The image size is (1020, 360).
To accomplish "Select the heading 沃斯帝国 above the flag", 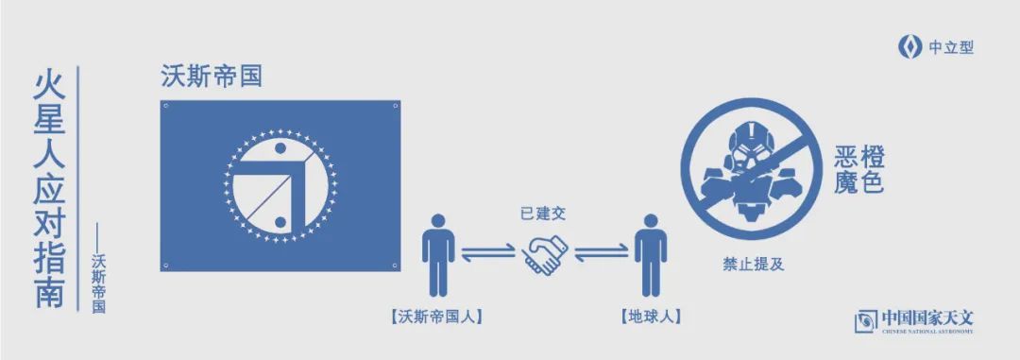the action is point(211,77).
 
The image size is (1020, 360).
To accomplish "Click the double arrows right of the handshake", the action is point(601,252).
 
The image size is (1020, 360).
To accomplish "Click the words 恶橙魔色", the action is point(859,169).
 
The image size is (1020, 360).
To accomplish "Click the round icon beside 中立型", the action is point(909,47).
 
